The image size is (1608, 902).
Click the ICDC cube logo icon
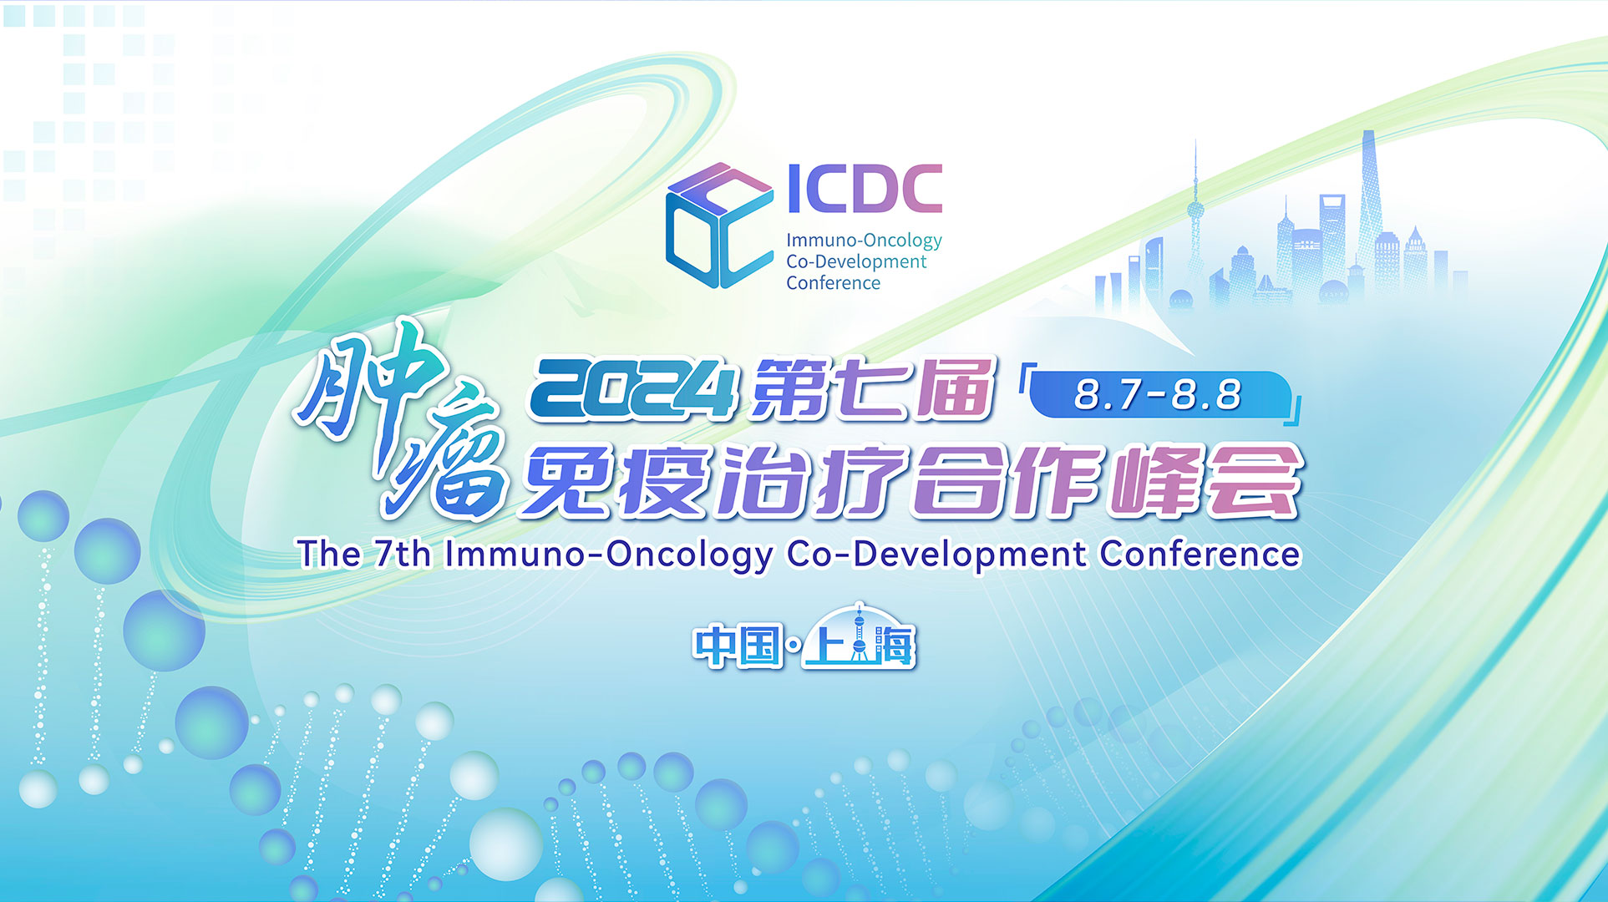coord(718,225)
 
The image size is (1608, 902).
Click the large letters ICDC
coord(865,189)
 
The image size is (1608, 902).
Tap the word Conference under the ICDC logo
coord(833,283)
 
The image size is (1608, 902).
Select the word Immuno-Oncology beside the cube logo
coord(864,241)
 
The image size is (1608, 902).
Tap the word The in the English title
coord(329,554)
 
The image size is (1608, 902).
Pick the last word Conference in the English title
coord(1200,554)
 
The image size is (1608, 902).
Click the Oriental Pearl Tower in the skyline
coord(1195,217)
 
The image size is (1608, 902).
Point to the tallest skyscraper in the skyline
coord(1370,209)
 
